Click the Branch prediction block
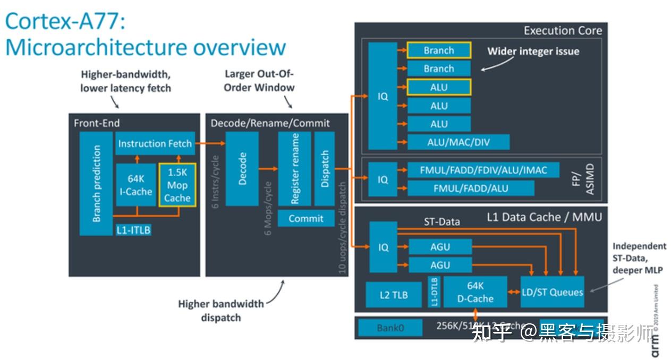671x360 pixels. click(x=96, y=183)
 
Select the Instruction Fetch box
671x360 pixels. click(x=155, y=143)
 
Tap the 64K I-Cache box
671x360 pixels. click(x=135, y=185)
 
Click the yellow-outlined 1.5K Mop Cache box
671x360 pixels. click(x=177, y=185)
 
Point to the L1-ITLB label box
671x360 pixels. click(x=133, y=230)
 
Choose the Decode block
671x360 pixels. click(x=242, y=168)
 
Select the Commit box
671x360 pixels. click(x=305, y=218)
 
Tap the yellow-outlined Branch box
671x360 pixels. click(x=438, y=50)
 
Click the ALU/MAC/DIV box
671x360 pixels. click(x=458, y=142)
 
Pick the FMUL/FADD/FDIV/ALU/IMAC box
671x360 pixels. click(x=482, y=170)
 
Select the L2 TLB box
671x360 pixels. click(x=394, y=295)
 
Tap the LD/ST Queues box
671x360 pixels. click(x=552, y=292)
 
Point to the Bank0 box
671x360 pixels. click(x=390, y=328)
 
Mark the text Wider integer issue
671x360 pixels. click(x=533, y=52)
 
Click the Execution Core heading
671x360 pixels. click(x=563, y=30)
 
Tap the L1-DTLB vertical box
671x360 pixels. click(x=434, y=292)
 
